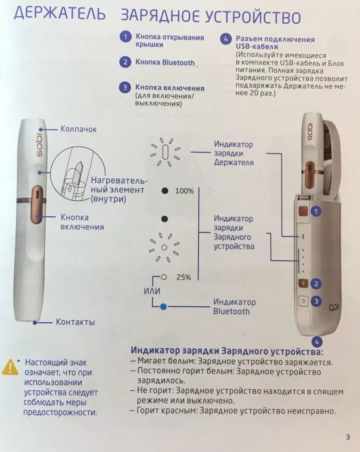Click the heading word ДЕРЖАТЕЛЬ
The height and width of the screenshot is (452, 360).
point(60,14)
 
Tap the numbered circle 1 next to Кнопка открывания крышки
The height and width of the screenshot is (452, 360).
point(125,37)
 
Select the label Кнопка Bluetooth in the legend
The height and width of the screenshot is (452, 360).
point(165,63)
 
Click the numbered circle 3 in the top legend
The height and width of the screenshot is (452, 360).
point(125,87)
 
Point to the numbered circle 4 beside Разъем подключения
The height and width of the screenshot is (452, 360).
point(225,39)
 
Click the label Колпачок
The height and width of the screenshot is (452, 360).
point(79,129)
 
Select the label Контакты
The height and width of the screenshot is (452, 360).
point(75,322)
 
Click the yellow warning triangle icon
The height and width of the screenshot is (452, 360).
point(10,367)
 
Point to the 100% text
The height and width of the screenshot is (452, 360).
point(184,191)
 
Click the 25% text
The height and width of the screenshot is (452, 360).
point(183,277)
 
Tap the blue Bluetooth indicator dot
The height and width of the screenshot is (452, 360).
point(163,306)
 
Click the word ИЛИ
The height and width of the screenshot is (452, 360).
point(152,291)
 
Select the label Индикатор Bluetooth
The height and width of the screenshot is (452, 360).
point(234,307)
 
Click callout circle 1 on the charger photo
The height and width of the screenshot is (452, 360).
point(315,211)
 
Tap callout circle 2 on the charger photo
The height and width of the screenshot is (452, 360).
point(315,283)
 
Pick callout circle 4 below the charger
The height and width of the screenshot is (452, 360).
point(316,341)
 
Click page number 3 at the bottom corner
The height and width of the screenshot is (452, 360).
point(348,437)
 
